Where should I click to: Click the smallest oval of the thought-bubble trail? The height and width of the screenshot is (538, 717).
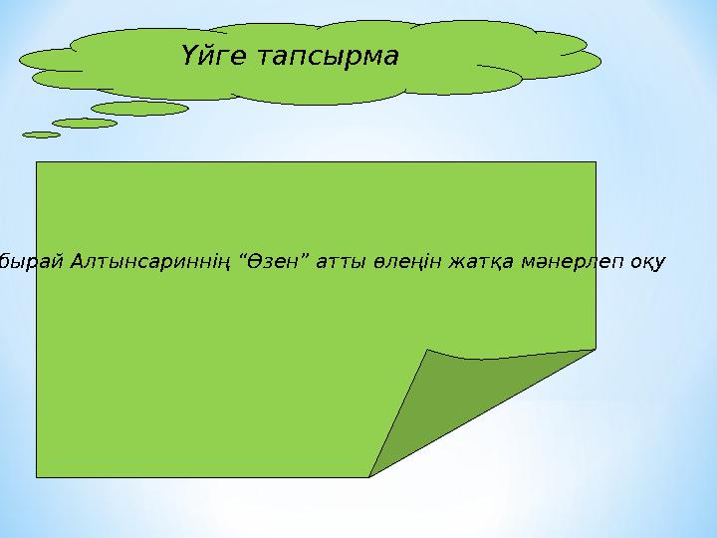pos(41,134)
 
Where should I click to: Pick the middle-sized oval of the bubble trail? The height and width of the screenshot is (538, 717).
pos(84,123)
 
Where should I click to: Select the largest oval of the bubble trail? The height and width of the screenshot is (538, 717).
pos(139,108)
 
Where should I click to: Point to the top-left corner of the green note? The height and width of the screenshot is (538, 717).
pos(38,162)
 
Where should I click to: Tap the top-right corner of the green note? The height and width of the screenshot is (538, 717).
pos(595,162)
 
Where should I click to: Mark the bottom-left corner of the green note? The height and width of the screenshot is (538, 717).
pos(38,476)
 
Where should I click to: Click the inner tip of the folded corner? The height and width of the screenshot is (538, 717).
pos(428,351)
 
